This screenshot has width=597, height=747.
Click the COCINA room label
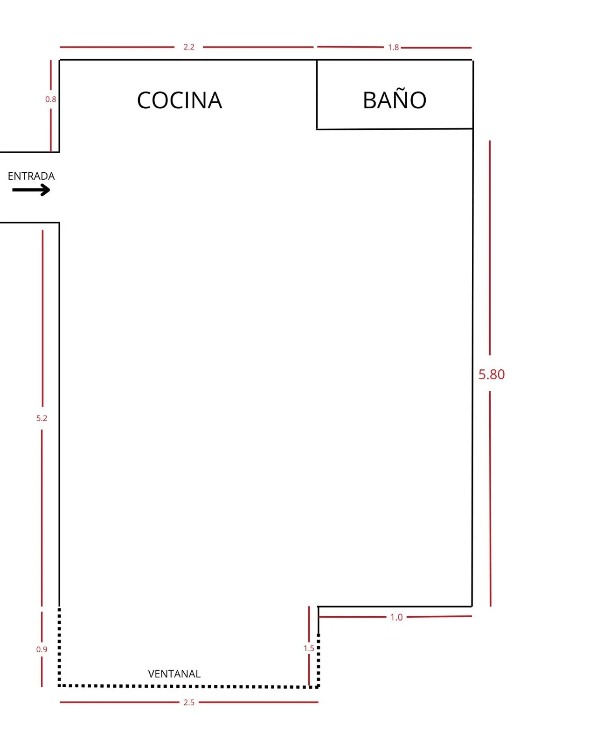tap(180, 100)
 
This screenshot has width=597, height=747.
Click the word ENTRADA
tap(31, 176)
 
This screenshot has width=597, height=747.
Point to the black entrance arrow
tap(31, 190)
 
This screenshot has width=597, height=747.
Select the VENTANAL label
tap(174, 674)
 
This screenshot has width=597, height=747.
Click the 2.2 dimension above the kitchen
tap(189, 47)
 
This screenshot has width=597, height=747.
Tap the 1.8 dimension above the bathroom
tap(393, 47)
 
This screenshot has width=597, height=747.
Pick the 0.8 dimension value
tap(51, 99)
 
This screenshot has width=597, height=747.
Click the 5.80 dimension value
tap(491, 374)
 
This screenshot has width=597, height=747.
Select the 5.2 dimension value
tap(42, 418)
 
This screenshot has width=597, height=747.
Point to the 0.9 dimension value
tap(42, 649)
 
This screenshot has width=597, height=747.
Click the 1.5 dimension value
tap(309, 648)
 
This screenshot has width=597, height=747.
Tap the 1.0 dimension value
tap(396, 618)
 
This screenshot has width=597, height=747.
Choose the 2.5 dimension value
tap(189, 703)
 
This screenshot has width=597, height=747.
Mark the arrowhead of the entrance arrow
tap(46, 190)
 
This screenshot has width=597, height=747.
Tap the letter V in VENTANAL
tap(151, 674)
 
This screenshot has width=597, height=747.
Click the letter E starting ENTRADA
tap(10, 176)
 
